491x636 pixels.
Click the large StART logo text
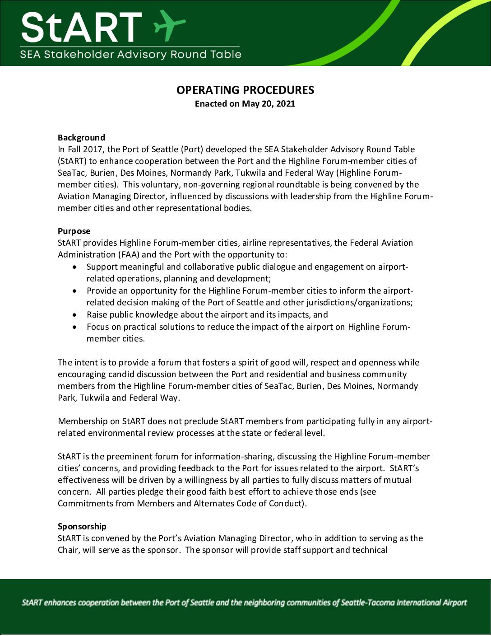pyautogui.click(x=81, y=27)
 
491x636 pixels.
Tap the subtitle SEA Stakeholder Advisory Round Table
pyautogui.click(x=130, y=55)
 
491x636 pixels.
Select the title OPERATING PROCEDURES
pyautogui.click(x=245, y=90)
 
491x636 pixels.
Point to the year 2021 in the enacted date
pyautogui.click(x=285, y=104)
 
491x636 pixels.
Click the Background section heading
pyautogui.click(x=81, y=138)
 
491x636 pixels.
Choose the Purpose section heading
pyautogui.click(x=74, y=231)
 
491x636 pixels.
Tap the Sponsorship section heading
pyautogui.click(x=82, y=527)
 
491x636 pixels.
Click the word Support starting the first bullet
pyautogui.click(x=102, y=267)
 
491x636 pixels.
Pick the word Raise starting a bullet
pyautogui.click(x=97, y=315)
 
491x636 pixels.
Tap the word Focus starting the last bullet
pyautogui.click(x=98, y=327)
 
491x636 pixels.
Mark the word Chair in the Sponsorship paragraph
pyautogui.click(x=68, y=550)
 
